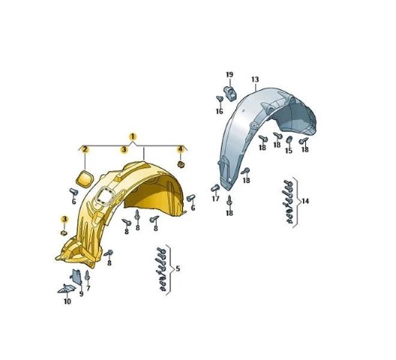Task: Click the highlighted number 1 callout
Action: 133,137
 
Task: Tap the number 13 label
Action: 255,79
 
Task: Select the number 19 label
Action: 229,75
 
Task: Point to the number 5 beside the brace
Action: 178,268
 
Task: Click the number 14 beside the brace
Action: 305,201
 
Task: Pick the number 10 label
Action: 67,301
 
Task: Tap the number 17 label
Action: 215,199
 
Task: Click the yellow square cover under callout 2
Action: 84,179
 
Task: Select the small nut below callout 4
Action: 181,164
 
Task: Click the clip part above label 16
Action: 230,93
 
